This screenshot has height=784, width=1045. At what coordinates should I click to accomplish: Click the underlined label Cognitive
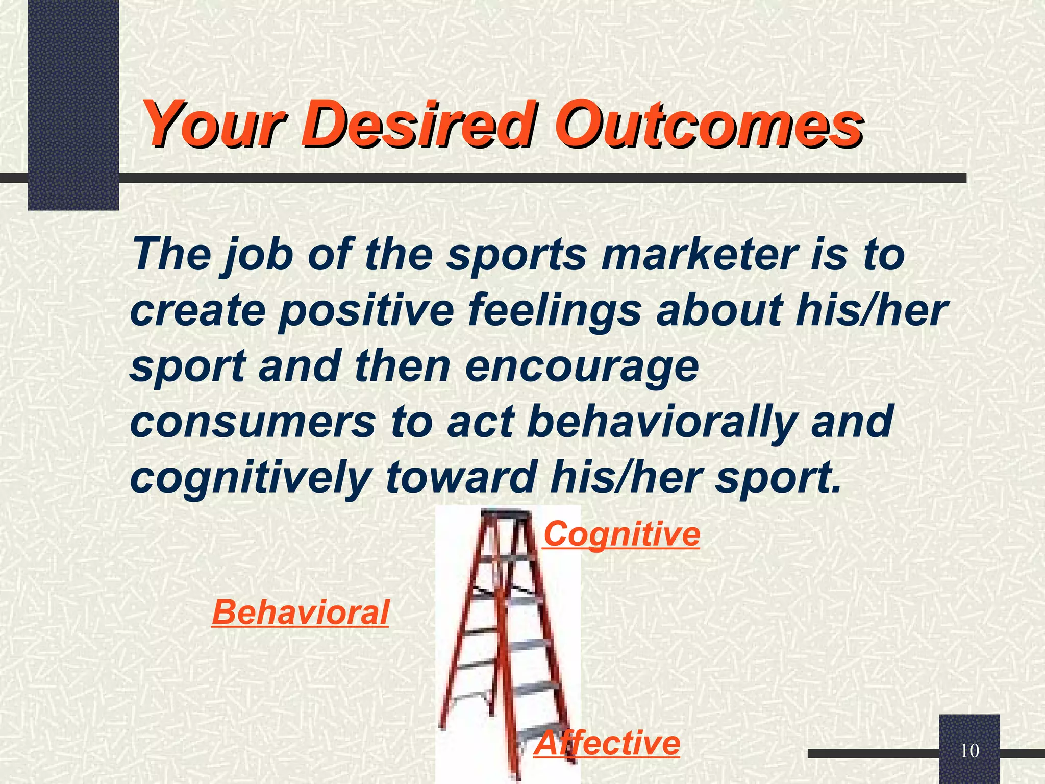[x=621, y=534]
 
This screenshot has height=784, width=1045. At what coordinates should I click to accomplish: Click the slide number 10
[x=969, y=751]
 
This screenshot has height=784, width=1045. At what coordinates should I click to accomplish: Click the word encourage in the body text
[x=582, y=366]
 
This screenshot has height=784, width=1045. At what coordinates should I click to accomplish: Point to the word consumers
[x=253, y=422]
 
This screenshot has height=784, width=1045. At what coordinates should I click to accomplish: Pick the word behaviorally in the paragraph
[x=661, y=422]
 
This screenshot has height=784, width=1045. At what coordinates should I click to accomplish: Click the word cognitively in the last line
[x=250, y=478]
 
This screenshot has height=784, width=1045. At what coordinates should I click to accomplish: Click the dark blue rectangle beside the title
[x=73, y=105]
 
